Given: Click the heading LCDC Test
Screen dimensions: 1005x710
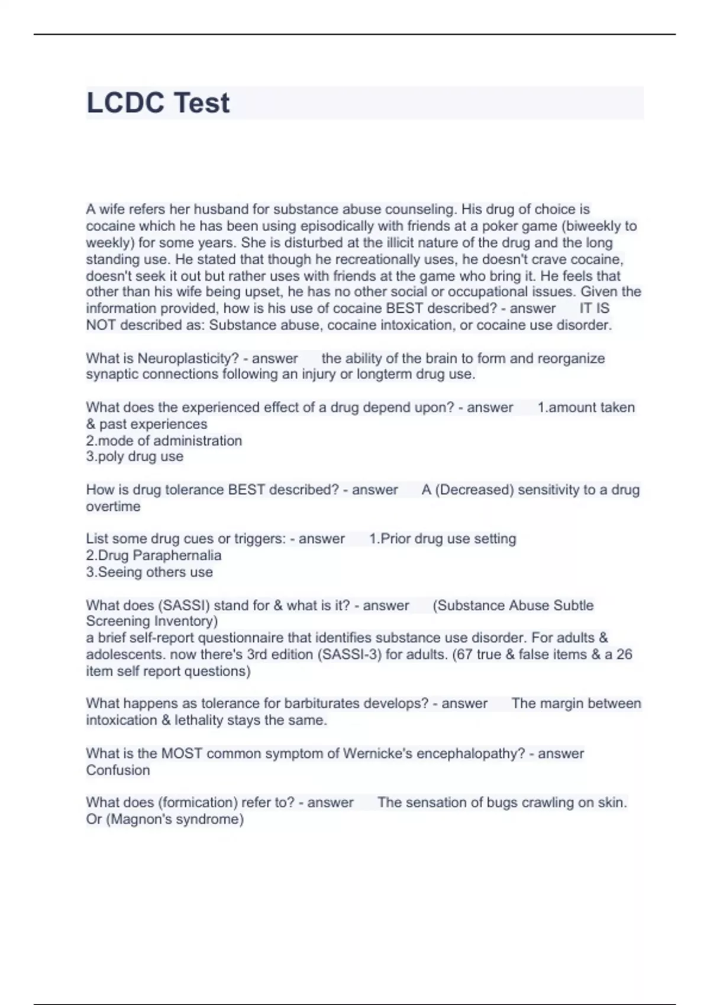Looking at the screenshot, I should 158,103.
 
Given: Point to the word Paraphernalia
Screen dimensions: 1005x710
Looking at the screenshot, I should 177,555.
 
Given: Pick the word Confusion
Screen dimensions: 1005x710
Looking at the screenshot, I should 118,770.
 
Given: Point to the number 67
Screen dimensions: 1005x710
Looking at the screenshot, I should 464,654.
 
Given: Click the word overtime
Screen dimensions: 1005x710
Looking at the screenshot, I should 113,506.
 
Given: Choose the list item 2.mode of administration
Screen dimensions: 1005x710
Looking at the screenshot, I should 164,440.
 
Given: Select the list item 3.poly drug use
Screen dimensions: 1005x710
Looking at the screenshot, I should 134,456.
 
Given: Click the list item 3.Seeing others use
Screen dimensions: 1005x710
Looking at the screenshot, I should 149,572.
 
